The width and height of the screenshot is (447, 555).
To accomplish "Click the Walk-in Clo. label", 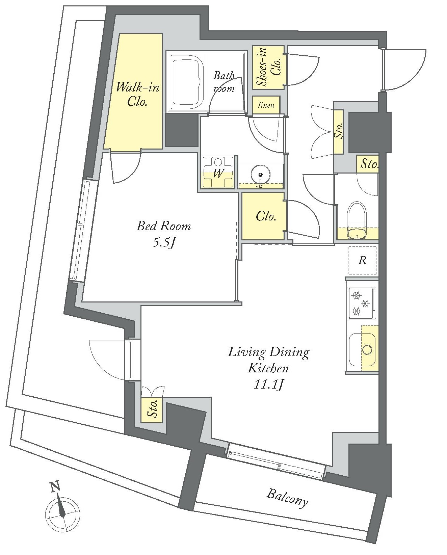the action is [x=137, y=95].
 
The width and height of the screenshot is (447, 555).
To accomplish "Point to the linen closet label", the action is [x=266, y=105].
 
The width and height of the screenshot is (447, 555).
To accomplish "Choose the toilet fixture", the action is [x=357, y=220].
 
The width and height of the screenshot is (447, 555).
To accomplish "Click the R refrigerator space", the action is [x=362, y=261].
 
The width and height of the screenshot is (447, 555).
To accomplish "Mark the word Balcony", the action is [x=287, y=498].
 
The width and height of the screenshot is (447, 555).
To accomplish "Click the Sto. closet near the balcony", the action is [x=152, y=410].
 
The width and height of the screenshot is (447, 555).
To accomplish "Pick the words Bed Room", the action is [x=164, y=226].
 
